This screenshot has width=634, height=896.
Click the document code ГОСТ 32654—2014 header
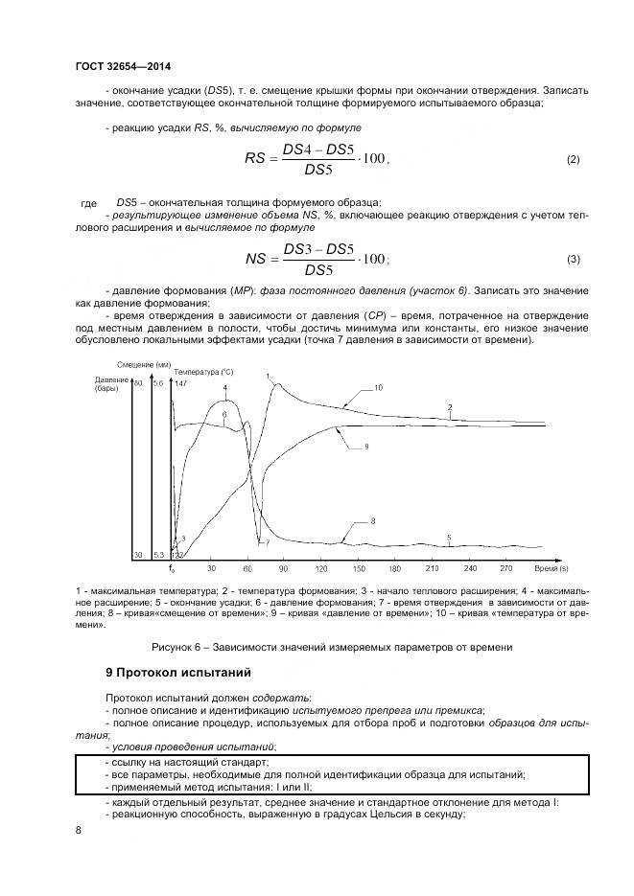tap(118, 65)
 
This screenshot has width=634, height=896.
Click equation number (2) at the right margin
tap(574, 158)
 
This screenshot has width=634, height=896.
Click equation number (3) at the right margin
tap(574, 259)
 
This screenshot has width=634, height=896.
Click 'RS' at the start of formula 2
tap(257, 159)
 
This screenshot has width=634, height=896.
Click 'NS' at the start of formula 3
tap(256, 259)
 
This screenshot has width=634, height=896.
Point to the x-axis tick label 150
tap(359, 567)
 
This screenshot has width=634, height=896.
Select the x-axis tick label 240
tap(469, 567)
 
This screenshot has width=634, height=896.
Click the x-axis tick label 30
tap(210, 567)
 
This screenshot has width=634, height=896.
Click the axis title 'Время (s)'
tap(552, 567)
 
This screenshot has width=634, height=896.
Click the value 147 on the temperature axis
tap(180, 383)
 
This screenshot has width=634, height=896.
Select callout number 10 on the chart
tap(378, 388)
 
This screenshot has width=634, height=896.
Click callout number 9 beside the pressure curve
tap(366, 447)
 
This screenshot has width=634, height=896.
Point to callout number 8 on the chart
tap(372, 519)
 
